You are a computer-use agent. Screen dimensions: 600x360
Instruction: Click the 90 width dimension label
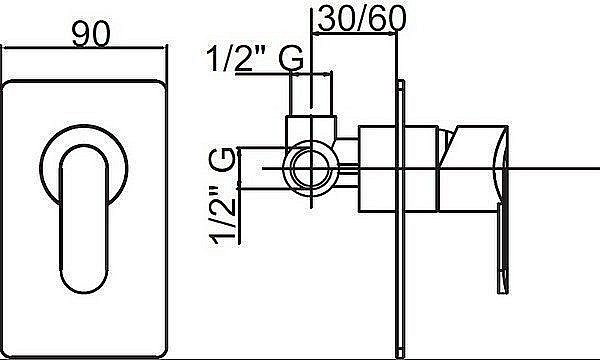(91, 34)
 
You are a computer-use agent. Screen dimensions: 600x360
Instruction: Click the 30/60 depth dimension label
(361, 19)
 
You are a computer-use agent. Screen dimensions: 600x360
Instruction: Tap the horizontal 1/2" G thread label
(255, 59)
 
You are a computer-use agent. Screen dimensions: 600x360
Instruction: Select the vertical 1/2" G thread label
(222, 195)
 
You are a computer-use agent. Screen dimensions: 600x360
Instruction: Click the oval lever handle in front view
(84, 218)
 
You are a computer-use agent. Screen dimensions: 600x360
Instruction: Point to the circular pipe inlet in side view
(310, 168)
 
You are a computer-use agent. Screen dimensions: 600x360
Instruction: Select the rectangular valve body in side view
(398, 168)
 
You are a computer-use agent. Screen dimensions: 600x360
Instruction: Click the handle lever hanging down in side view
(503, 249)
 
